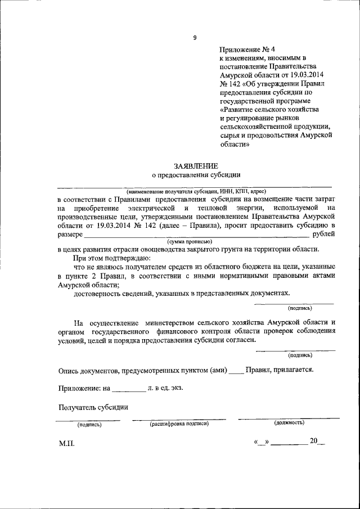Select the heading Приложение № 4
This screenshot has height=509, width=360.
[x=245, y=49]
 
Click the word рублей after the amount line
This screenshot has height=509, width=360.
[x=323, y=233]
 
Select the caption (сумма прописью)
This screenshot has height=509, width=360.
[x=193, y=241]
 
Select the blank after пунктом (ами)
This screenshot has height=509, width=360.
[x=236, y=371]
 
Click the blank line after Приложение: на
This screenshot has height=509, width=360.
[x=128, y=389]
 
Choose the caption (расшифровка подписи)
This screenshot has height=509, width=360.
[x=179, y=424]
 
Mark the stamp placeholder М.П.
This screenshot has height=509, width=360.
[x=66, y=443]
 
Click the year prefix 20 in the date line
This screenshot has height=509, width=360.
[x=313, y=440]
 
